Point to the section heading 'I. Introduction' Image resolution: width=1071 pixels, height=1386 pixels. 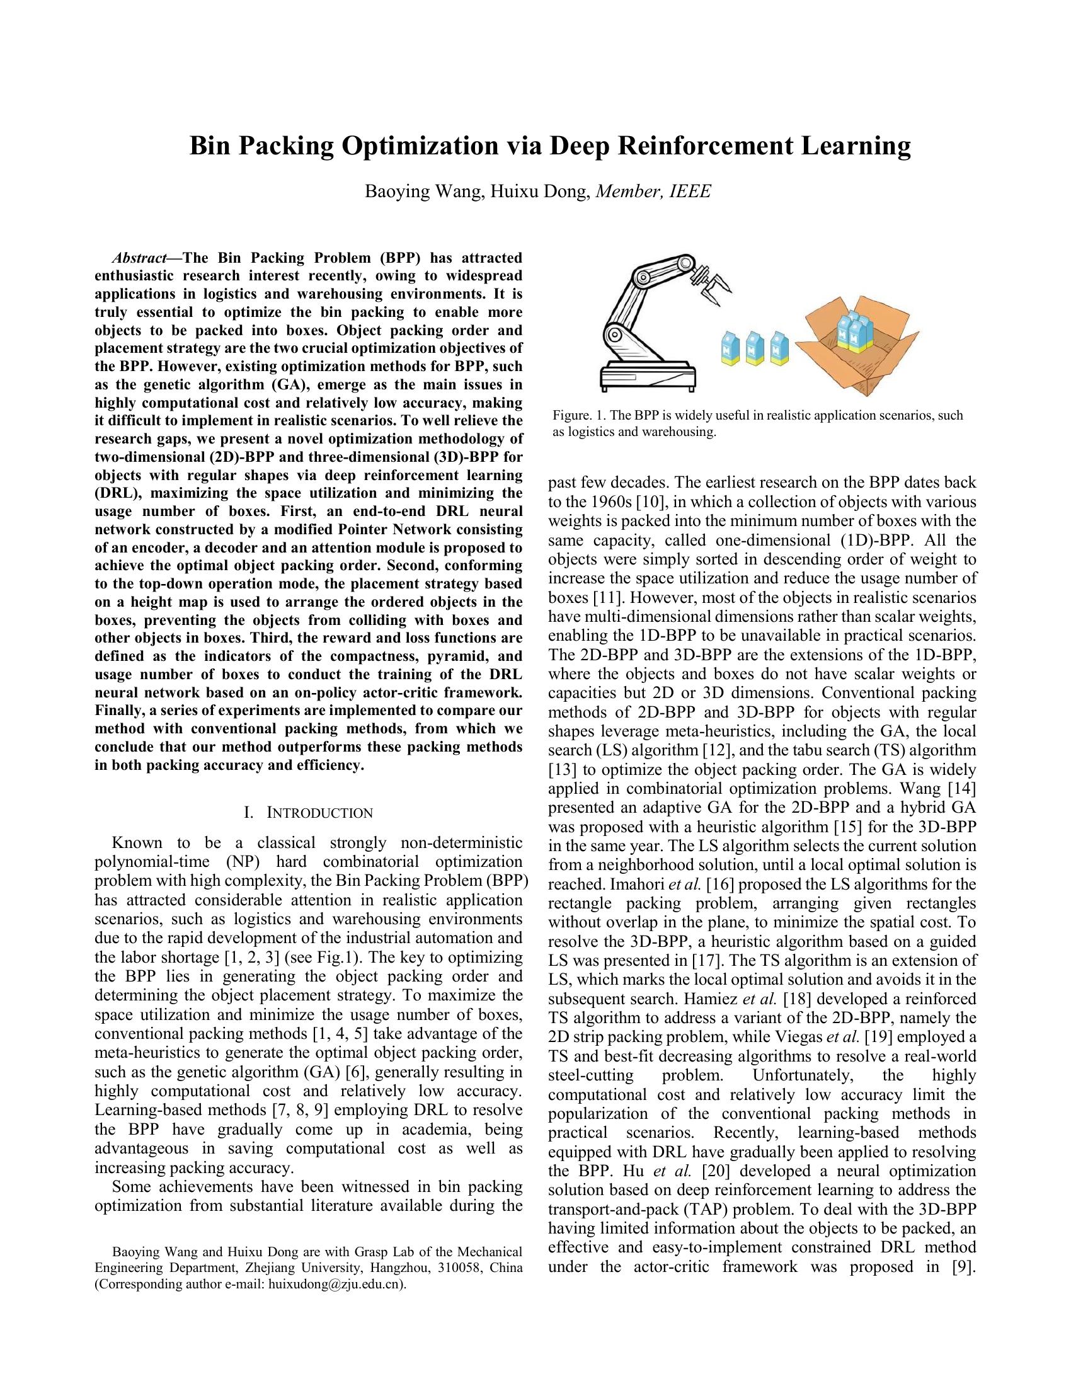(308, 813)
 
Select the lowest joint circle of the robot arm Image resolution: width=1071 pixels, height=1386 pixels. (614, 335)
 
